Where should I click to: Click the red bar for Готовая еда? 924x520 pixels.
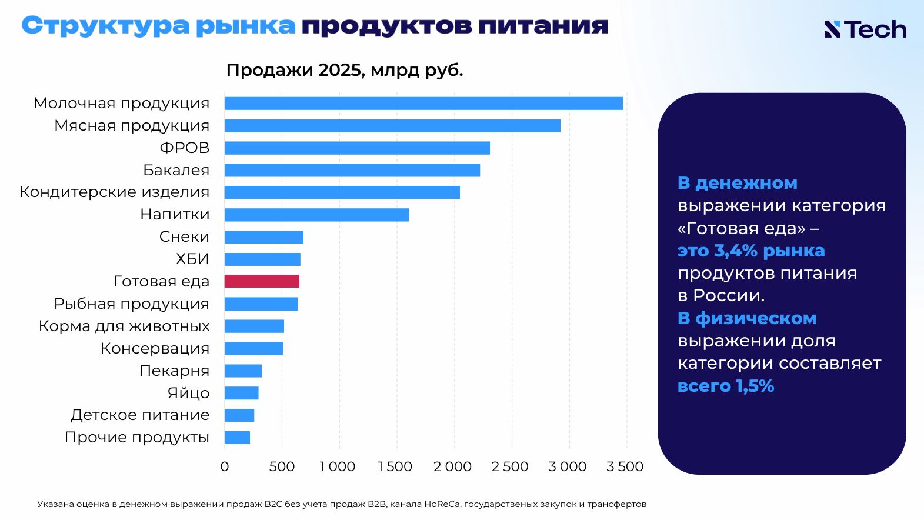pos(262,281)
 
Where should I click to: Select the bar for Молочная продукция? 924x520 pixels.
pos(423,104)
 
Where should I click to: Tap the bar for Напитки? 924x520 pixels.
pos(316,215)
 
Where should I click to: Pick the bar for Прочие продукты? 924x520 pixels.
pos(237,438)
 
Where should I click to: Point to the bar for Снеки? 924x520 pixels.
pos(264,237)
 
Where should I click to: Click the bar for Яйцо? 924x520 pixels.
pos(242,393)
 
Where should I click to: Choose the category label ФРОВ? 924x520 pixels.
pos(185,148)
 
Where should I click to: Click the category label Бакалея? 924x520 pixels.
pos(176,170)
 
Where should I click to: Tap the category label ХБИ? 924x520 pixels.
pos(193,259)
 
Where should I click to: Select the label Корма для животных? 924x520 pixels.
pos(124,326)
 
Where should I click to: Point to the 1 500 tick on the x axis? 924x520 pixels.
pos(395,466)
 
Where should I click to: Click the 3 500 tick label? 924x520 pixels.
pos(625,466)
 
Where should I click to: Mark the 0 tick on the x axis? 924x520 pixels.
pos(225,466)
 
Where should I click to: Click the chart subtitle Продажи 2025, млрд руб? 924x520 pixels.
pos(345,70)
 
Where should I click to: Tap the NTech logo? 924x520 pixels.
pos(865,29)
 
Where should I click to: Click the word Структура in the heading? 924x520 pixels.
pos(105,26)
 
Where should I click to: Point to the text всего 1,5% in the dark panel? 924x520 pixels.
pos(726,386)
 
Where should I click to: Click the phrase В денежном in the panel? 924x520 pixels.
pos(738,183)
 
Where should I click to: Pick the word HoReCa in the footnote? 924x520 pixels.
pos(442,504)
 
